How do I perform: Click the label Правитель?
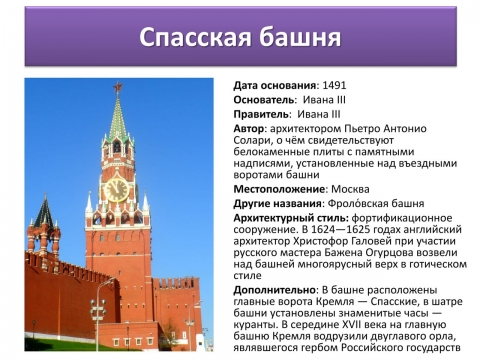[x=261, y=114]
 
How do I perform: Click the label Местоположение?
[x=279, y=188]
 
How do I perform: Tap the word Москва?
[x=349, y=188]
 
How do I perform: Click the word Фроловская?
[x=364, y=203]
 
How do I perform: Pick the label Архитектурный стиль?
[x=289, y=218]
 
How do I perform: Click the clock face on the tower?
[x=117, y=189]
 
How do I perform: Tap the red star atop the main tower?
[x=117, y=87]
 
